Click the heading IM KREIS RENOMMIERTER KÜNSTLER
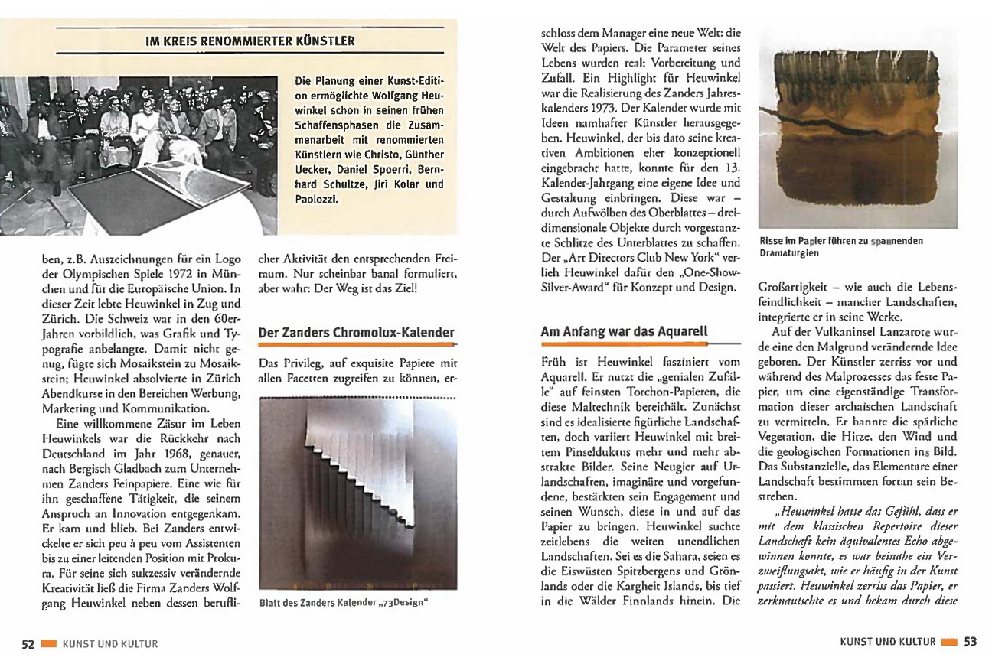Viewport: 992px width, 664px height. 250,41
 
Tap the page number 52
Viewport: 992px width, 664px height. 28,643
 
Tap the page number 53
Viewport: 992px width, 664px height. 970,642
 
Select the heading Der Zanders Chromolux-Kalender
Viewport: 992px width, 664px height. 357,333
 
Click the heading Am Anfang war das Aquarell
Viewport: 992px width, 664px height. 624,332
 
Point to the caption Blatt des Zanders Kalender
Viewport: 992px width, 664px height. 343,602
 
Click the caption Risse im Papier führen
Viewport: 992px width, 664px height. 840,246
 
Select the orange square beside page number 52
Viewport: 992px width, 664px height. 49,643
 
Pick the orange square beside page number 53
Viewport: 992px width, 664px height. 949,642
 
